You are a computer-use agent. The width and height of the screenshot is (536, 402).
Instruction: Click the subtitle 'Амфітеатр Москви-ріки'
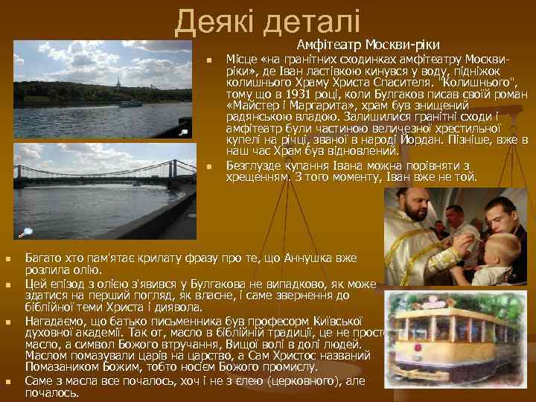point(370,44)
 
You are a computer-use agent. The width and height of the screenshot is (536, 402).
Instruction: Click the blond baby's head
point(509,246)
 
